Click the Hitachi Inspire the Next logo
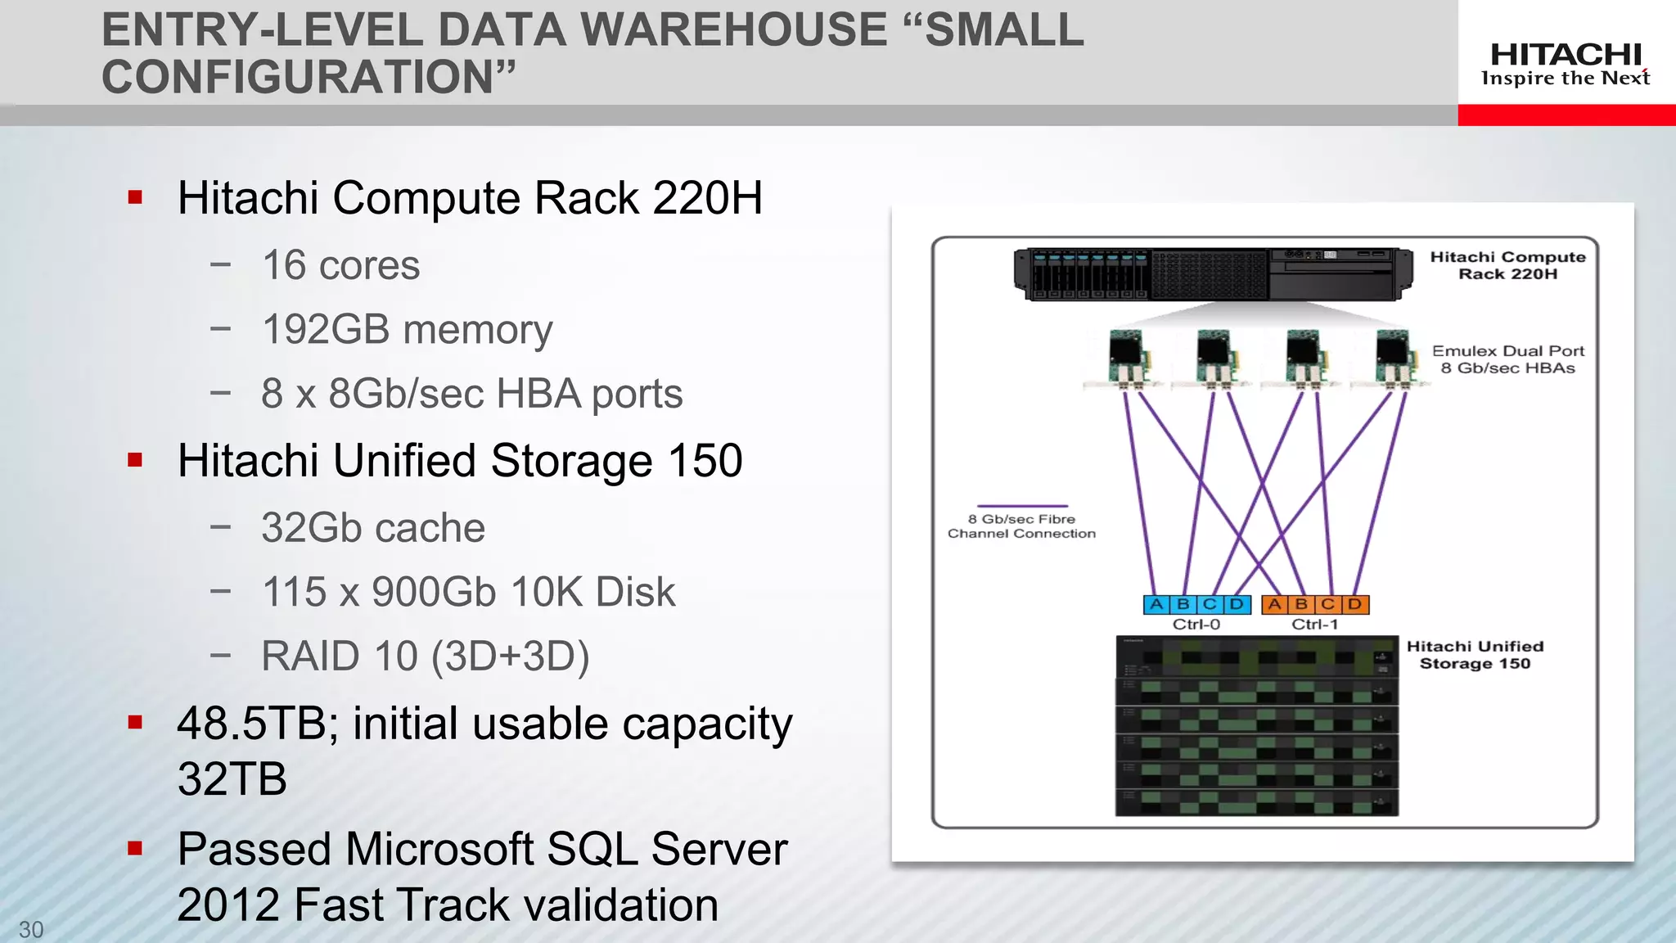pyautogui.click(x=1566, y=65)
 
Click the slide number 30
pyautogui.click(x=31, y=929)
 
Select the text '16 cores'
pyautogui.click(x=340, y=265)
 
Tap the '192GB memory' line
pyautogui.click(x=407, y=329)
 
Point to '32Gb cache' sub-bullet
pyautogui.click(x=373, y=528)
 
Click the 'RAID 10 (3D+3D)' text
pyautogui.click(x=425, y=656)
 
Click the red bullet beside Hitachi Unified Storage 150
pyautogui.click(x=136, y=460)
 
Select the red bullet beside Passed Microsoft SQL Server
pyautogui.click(x=136, y=849)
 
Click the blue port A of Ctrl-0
pyautogui.click(x=1156, y=605)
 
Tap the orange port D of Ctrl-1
pyautogui.click(x=1355, y=605)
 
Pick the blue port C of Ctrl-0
pyautogui.click(x=1210, y=605)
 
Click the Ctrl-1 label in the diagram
pyautogui.click(x=1315, y=625)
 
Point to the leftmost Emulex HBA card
pyautogui.click(x=1127, y=358)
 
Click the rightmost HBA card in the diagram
pyautogui.click(x=1393, y=358)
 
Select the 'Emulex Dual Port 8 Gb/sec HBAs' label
pyautogui.click(x=1507, y=359)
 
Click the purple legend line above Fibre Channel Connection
pyautogui.click(x=1022, y=506)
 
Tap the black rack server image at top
pyautogui.click(x=1214, y=274)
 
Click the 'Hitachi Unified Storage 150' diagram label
pyautogui.click(x=1475, y=655)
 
